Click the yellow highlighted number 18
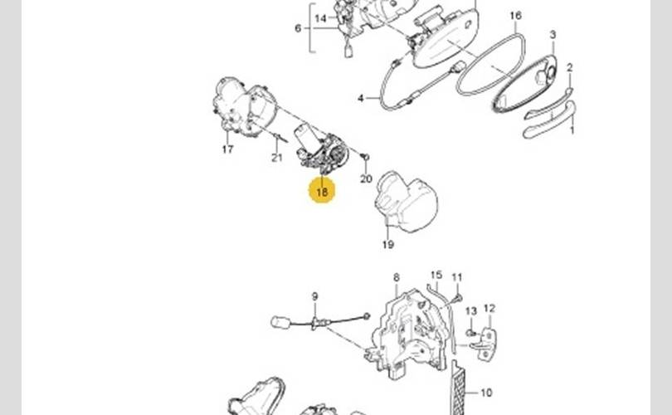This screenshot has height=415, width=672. coord(322,192)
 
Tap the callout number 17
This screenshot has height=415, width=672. coord(227,149)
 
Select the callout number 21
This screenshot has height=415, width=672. coord(277,158)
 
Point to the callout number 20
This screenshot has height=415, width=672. coord(366,178)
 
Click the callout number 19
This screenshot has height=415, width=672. coord(387,244)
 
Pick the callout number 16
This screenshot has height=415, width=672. coord(515,16)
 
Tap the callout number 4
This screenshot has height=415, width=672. coord(361,98)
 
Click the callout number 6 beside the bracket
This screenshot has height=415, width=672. coord(298,28)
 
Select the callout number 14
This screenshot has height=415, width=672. coord(320,17)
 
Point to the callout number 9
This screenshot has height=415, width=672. coord(314,296)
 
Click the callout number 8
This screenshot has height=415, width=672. coord(396,277)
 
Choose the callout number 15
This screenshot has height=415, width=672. coord(436,275)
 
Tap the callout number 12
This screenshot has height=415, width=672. coord(489,309)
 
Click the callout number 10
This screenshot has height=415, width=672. coord(486,393)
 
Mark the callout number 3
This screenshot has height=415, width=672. coord(553,34)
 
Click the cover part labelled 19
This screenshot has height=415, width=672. coord(407,203)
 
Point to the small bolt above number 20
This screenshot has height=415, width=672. coord(366,158)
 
